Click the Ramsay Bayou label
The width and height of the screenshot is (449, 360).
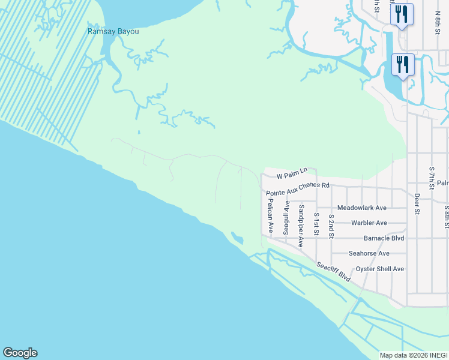point(113,31)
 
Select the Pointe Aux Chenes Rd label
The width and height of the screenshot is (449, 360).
point(298,189)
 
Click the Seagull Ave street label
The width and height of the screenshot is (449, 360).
point(286,217)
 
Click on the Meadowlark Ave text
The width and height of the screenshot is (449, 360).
point(361,208)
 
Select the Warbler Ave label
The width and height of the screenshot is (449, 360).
point(369,223)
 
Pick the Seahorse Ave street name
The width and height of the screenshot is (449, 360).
point(369,253)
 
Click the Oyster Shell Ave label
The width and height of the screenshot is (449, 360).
point(380,269)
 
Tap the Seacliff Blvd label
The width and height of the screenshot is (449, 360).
point(334,272)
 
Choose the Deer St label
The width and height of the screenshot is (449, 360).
point(417,203)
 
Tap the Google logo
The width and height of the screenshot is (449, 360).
point(20,353)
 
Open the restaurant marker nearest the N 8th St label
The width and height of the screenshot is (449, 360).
point(402,14)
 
